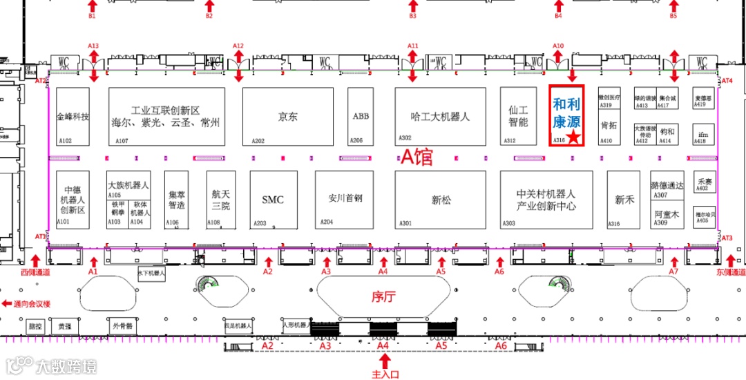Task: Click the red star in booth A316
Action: [x=573, y=137]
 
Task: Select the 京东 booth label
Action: [x=288, y=117]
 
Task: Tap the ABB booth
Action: [x=361, y=116]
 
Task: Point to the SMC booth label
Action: [x=273, y=200]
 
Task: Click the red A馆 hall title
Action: [x=417, y=158]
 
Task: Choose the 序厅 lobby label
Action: [x=383, y=297]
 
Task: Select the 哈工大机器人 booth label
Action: [x=440, y=117]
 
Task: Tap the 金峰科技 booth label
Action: [x=73, y=117]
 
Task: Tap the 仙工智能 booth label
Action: [x=518, y=116]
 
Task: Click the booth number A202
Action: [x=258, y=141]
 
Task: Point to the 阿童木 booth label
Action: [x=667, y=214]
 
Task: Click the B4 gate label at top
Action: [x=559, y=15]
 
